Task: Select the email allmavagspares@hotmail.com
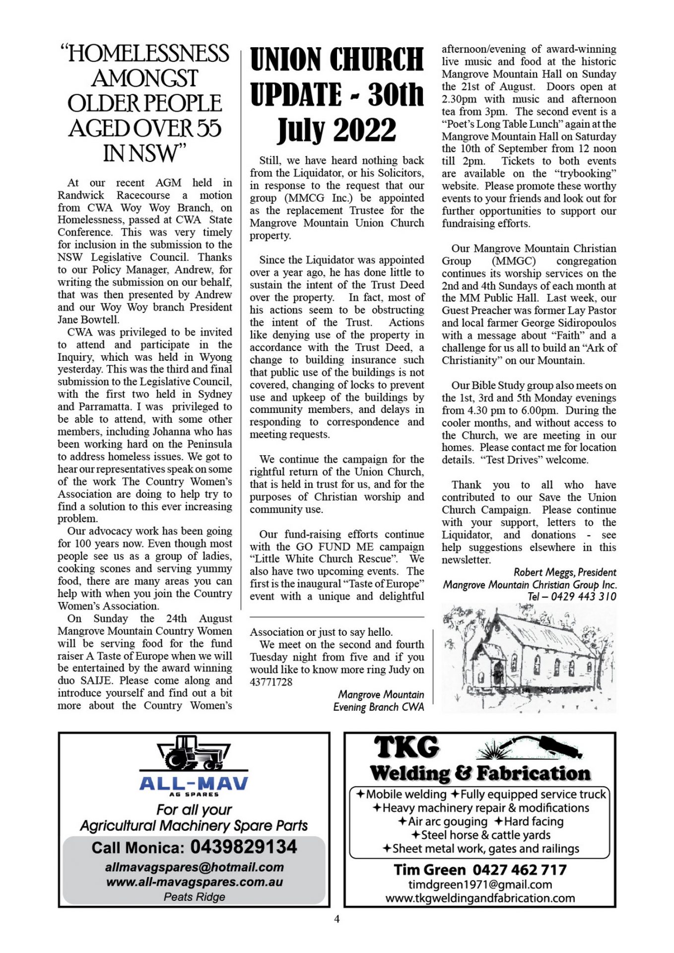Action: click(194, 867)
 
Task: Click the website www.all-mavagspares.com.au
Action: click(194, 882)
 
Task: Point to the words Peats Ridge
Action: click(194, 896)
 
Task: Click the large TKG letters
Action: click(406, 748)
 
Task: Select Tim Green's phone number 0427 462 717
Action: click(519, 870)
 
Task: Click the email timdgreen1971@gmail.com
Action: click(480, 884)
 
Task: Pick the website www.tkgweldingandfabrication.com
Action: click(480, 898)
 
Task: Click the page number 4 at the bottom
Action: click(337, 919)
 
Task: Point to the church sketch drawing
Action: click(529, 658)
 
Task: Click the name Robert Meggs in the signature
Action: click(543, 572)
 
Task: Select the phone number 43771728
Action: click(271, 682)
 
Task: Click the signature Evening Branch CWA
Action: click(378, 707)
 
